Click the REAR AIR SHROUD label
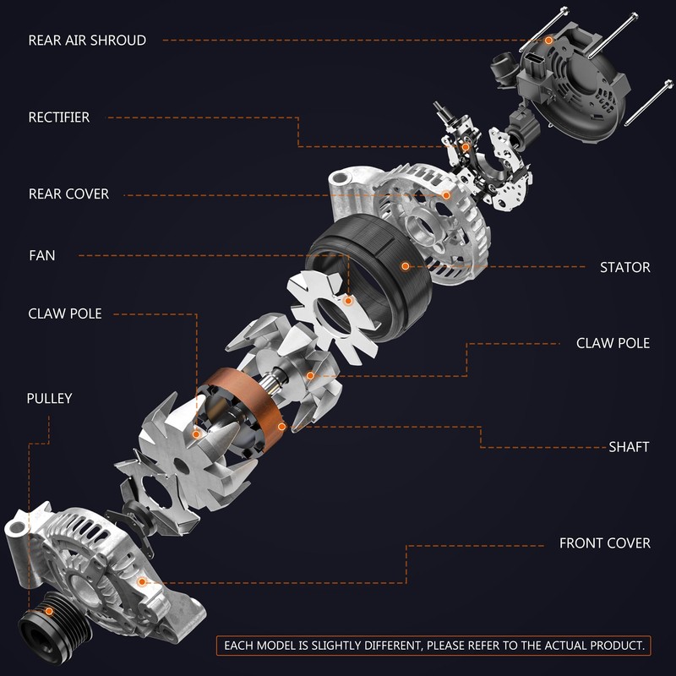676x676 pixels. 87,40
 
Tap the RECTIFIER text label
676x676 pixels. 59,117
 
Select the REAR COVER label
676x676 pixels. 68,194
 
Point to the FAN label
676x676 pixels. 41,255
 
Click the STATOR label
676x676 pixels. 625,267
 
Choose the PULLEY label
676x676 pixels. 49,398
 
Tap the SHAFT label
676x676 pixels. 629,447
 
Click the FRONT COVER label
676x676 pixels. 605,543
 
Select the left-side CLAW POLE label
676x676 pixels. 65,313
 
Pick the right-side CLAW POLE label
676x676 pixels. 613,343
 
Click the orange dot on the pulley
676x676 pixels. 49,611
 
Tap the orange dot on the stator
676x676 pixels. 406,266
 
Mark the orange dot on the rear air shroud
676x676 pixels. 548,40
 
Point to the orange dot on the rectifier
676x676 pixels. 466,147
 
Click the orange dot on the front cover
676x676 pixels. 141,582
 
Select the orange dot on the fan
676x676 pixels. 348,301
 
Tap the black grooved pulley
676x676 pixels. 54,626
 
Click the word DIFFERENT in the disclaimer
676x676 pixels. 391,646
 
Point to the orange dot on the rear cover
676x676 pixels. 446,195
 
